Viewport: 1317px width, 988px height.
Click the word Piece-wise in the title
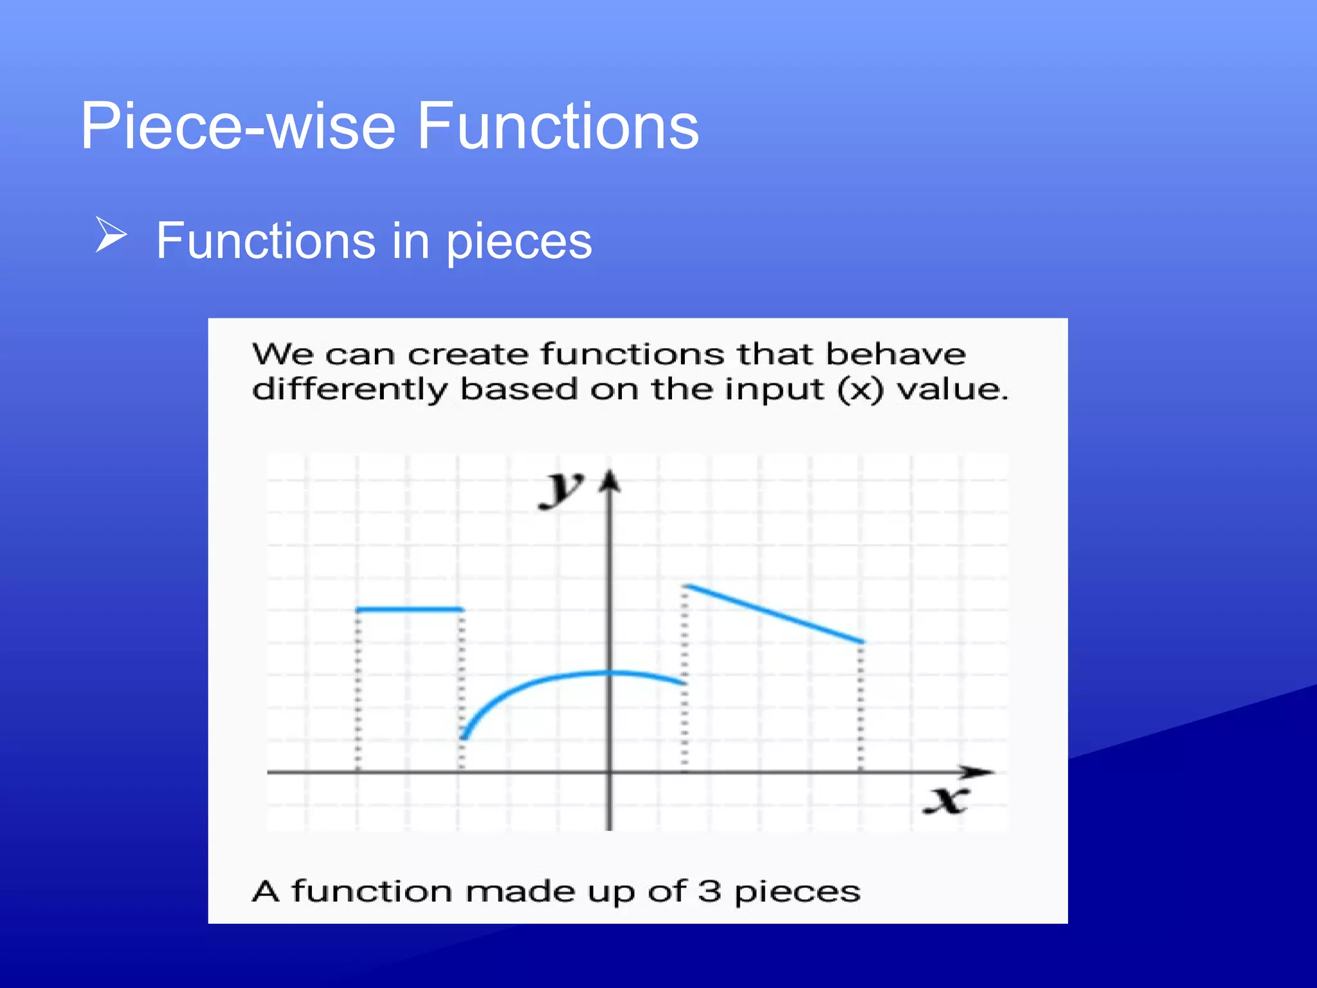[x=238, y=127]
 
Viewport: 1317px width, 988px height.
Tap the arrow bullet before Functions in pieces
[x=111, y=235]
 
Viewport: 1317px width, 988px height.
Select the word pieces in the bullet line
[x=518, y=241]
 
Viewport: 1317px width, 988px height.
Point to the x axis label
[x=945, y=800]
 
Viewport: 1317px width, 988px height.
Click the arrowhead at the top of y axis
[x=610, y=481]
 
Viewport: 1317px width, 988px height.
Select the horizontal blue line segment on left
[x=409, y=608]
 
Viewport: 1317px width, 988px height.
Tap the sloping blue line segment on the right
[x=775, y=614]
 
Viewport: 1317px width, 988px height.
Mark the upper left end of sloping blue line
[x=687, y=586]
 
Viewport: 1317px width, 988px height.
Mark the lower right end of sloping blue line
[x=862, y=641]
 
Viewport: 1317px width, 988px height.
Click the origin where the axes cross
[x=610, y=772]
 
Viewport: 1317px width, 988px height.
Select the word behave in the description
[x=895, y=354]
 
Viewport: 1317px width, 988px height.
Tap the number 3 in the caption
[x=709, y=892]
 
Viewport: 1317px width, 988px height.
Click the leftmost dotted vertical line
[x=358, y=691]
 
